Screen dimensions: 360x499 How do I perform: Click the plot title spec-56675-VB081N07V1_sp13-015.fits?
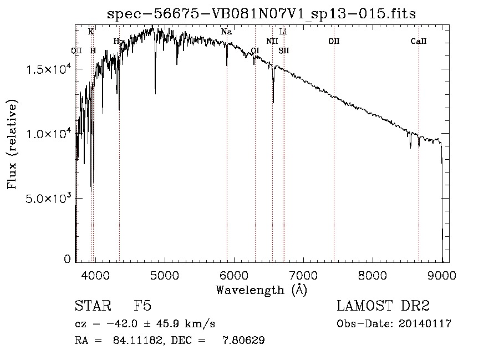tap(261, 13)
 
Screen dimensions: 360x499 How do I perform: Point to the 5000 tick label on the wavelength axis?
tap(164, 275)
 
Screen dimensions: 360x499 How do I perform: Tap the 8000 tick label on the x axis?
tap(373, 275)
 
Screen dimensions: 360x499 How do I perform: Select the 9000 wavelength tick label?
tap(442, 275)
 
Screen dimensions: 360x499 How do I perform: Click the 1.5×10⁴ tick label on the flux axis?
tap(49, 69)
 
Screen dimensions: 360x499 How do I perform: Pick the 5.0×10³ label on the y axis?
tap(49, 198)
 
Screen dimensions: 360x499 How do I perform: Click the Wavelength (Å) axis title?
tap(261, 290)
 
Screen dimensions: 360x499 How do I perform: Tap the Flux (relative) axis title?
tap(12, 144)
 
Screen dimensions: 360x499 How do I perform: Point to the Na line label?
tap(226, 32)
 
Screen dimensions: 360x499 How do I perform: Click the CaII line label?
tap(419, 42)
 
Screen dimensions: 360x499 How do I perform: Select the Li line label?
tap(283, 32)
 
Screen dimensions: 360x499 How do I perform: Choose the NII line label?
tap(272, 42)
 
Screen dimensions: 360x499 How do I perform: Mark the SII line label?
tap(284, 50)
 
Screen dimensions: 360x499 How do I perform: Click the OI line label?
tap(255, 50)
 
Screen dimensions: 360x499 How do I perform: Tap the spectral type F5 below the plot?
tap(142, 306)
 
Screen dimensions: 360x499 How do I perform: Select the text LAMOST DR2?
tap(383, 306)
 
